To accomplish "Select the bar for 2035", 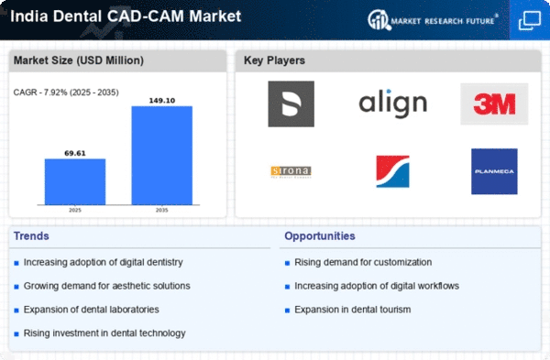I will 162,155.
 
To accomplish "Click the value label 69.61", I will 75,153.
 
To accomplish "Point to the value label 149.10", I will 162,100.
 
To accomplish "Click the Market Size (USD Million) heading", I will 76,61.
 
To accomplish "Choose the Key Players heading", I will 275,61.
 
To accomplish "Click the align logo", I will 392,104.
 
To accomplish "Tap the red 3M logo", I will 494,104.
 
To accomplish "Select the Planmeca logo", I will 494,171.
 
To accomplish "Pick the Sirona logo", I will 291,171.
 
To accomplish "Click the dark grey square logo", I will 291,104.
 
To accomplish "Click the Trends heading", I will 31,235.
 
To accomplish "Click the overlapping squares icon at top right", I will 529,18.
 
